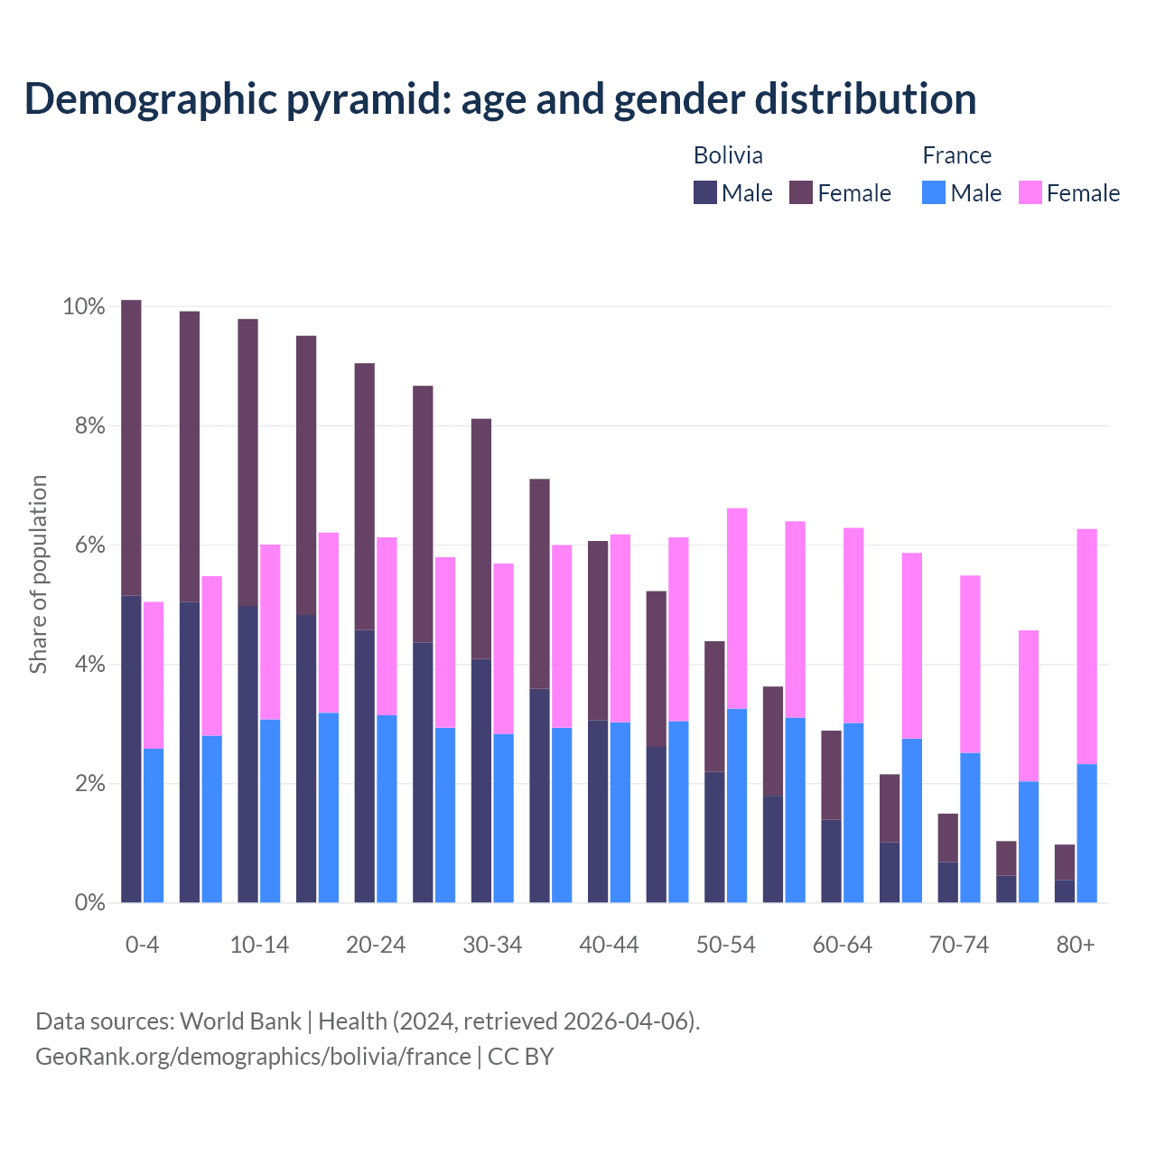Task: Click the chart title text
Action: (499, 98)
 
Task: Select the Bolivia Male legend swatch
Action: (704, 192)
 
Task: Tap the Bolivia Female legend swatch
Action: (800, 192)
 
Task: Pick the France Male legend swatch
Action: (934, 192)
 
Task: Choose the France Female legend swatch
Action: (1030, 192)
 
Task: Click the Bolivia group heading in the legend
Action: (728, 155)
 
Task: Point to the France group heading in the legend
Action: (956, 155)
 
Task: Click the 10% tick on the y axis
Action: (83, 306)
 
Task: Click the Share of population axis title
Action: (38, 574)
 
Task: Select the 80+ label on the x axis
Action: (1075, 945)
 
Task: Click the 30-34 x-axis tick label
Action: (492, 945)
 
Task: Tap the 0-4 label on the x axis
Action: (143, 945)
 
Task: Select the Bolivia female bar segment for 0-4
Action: (131, 447)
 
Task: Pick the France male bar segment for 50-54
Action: (737, 806)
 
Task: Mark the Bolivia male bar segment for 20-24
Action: (365, 766)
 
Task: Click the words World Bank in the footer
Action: (240, 1021)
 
